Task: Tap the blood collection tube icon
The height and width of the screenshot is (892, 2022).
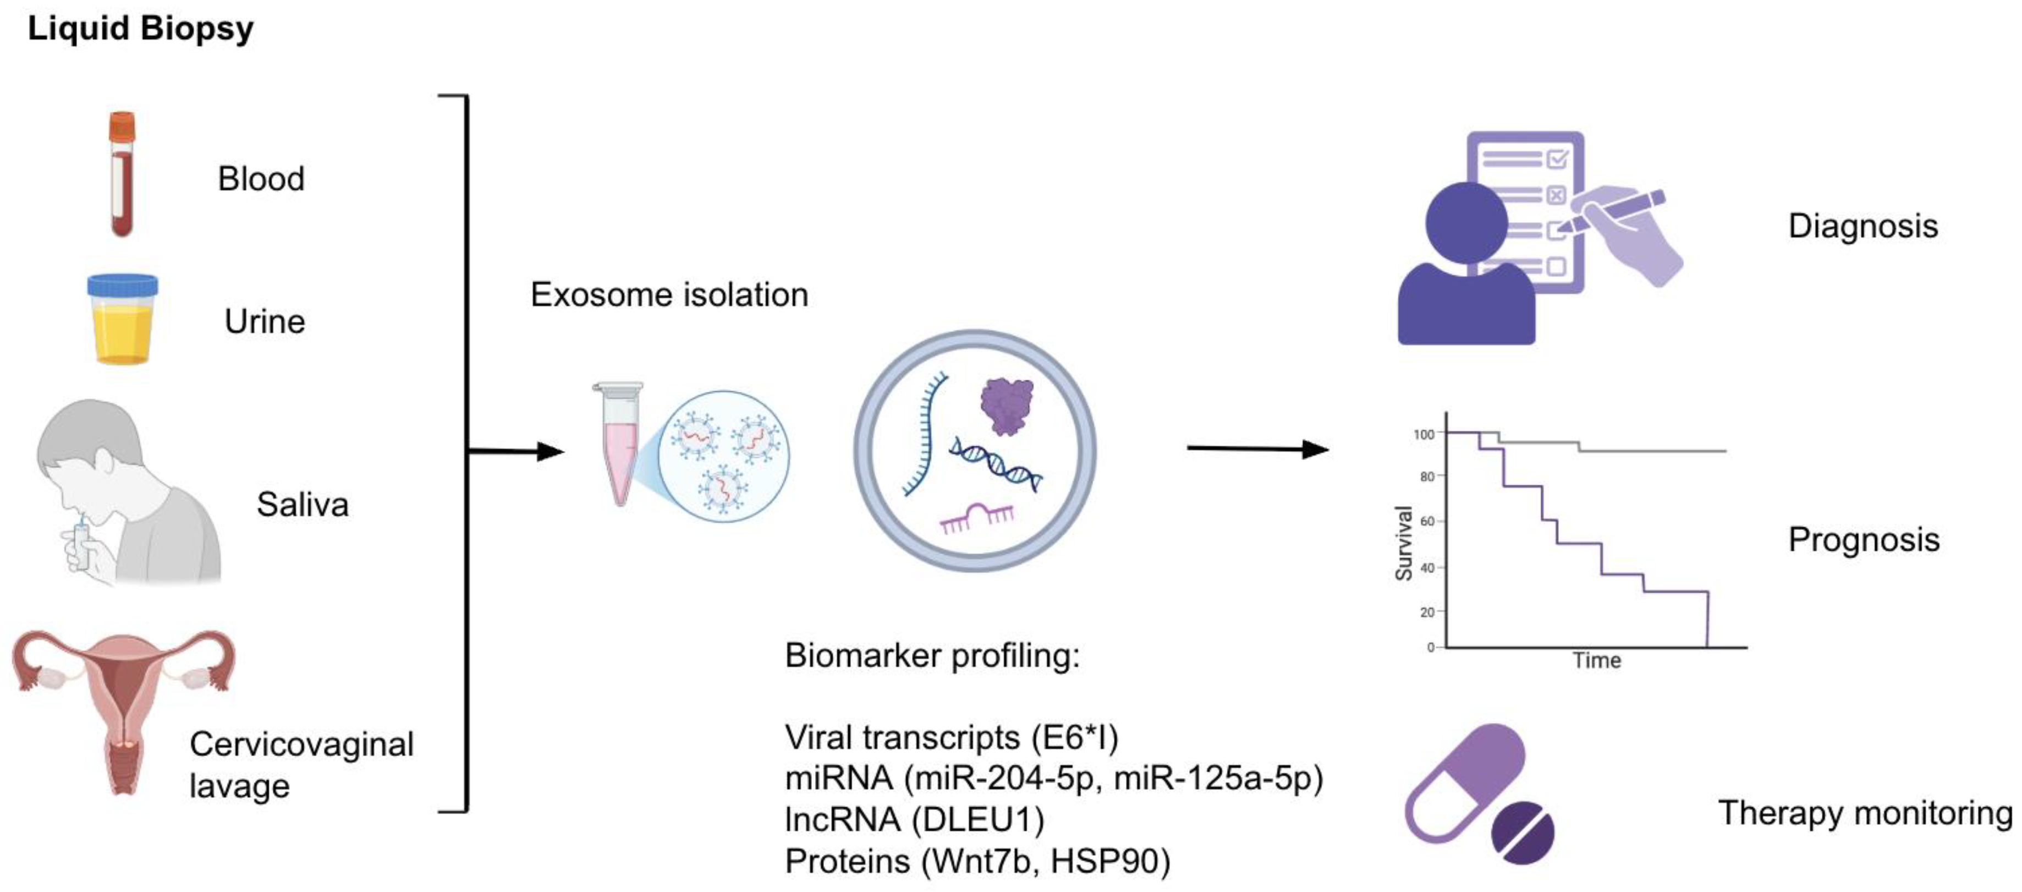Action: click(x=122, y=174)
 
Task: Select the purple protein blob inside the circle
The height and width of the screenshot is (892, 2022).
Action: click(x=1006, y=404)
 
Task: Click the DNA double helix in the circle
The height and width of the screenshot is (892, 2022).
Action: click(x=995, y=463)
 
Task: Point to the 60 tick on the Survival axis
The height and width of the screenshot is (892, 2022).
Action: click(x=1426, y=521)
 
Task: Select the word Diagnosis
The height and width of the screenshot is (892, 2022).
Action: click(x=1862, y=226)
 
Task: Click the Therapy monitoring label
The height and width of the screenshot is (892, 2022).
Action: click(x=1865, y=813)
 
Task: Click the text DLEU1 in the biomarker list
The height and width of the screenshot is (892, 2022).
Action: click(x=978, y=820)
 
